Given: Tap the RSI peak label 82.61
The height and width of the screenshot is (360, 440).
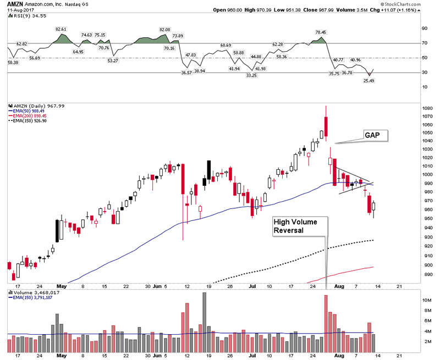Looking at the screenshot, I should point(61,28).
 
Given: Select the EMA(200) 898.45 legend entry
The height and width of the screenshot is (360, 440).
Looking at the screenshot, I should point(30,116).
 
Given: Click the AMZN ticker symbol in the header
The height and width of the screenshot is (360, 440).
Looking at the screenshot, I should point(15,4).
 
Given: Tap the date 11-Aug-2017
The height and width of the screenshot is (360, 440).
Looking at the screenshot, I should point(20,10).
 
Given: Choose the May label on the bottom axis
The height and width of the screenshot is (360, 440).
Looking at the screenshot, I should point(62,286).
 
